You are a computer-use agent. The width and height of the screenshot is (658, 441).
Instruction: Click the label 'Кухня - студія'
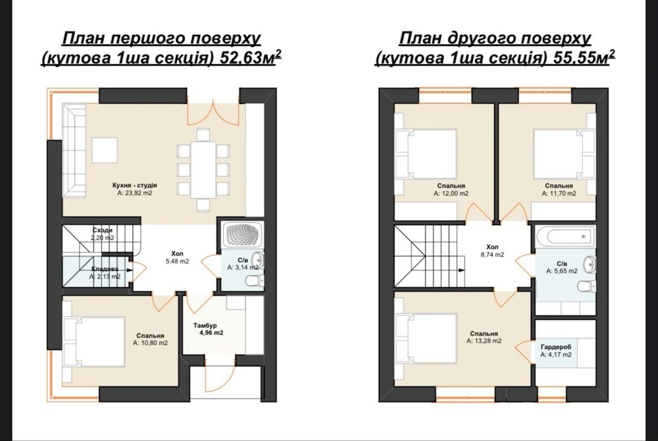tap(135, 185)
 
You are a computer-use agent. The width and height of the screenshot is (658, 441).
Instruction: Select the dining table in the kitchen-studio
tap(203, 170)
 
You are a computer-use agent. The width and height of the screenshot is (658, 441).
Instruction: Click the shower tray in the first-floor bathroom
tap(242, 236)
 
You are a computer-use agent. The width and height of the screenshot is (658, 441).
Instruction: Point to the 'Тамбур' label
tap(205, 325)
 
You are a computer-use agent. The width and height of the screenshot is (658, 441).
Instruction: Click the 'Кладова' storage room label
tap(105, 269)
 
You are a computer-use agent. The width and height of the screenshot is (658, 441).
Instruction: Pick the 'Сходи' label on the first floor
tap(103, 230)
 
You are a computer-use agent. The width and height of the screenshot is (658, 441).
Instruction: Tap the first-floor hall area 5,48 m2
tap(177, 261)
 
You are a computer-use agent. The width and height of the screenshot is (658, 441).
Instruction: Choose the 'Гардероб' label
tap(556, 348)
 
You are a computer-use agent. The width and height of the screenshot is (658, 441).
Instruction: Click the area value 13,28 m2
tap(484, 341)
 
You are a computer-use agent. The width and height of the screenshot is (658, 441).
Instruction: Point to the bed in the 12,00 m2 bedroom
tap(426, 154)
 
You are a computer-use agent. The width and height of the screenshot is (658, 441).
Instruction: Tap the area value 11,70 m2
tap(559, 194)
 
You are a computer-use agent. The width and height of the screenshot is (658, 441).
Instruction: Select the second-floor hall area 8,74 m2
tap(492, 254)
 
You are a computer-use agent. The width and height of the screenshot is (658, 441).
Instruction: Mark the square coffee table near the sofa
tap(105, 150)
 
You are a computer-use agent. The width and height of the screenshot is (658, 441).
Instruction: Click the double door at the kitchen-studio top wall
tap(214, 113)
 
